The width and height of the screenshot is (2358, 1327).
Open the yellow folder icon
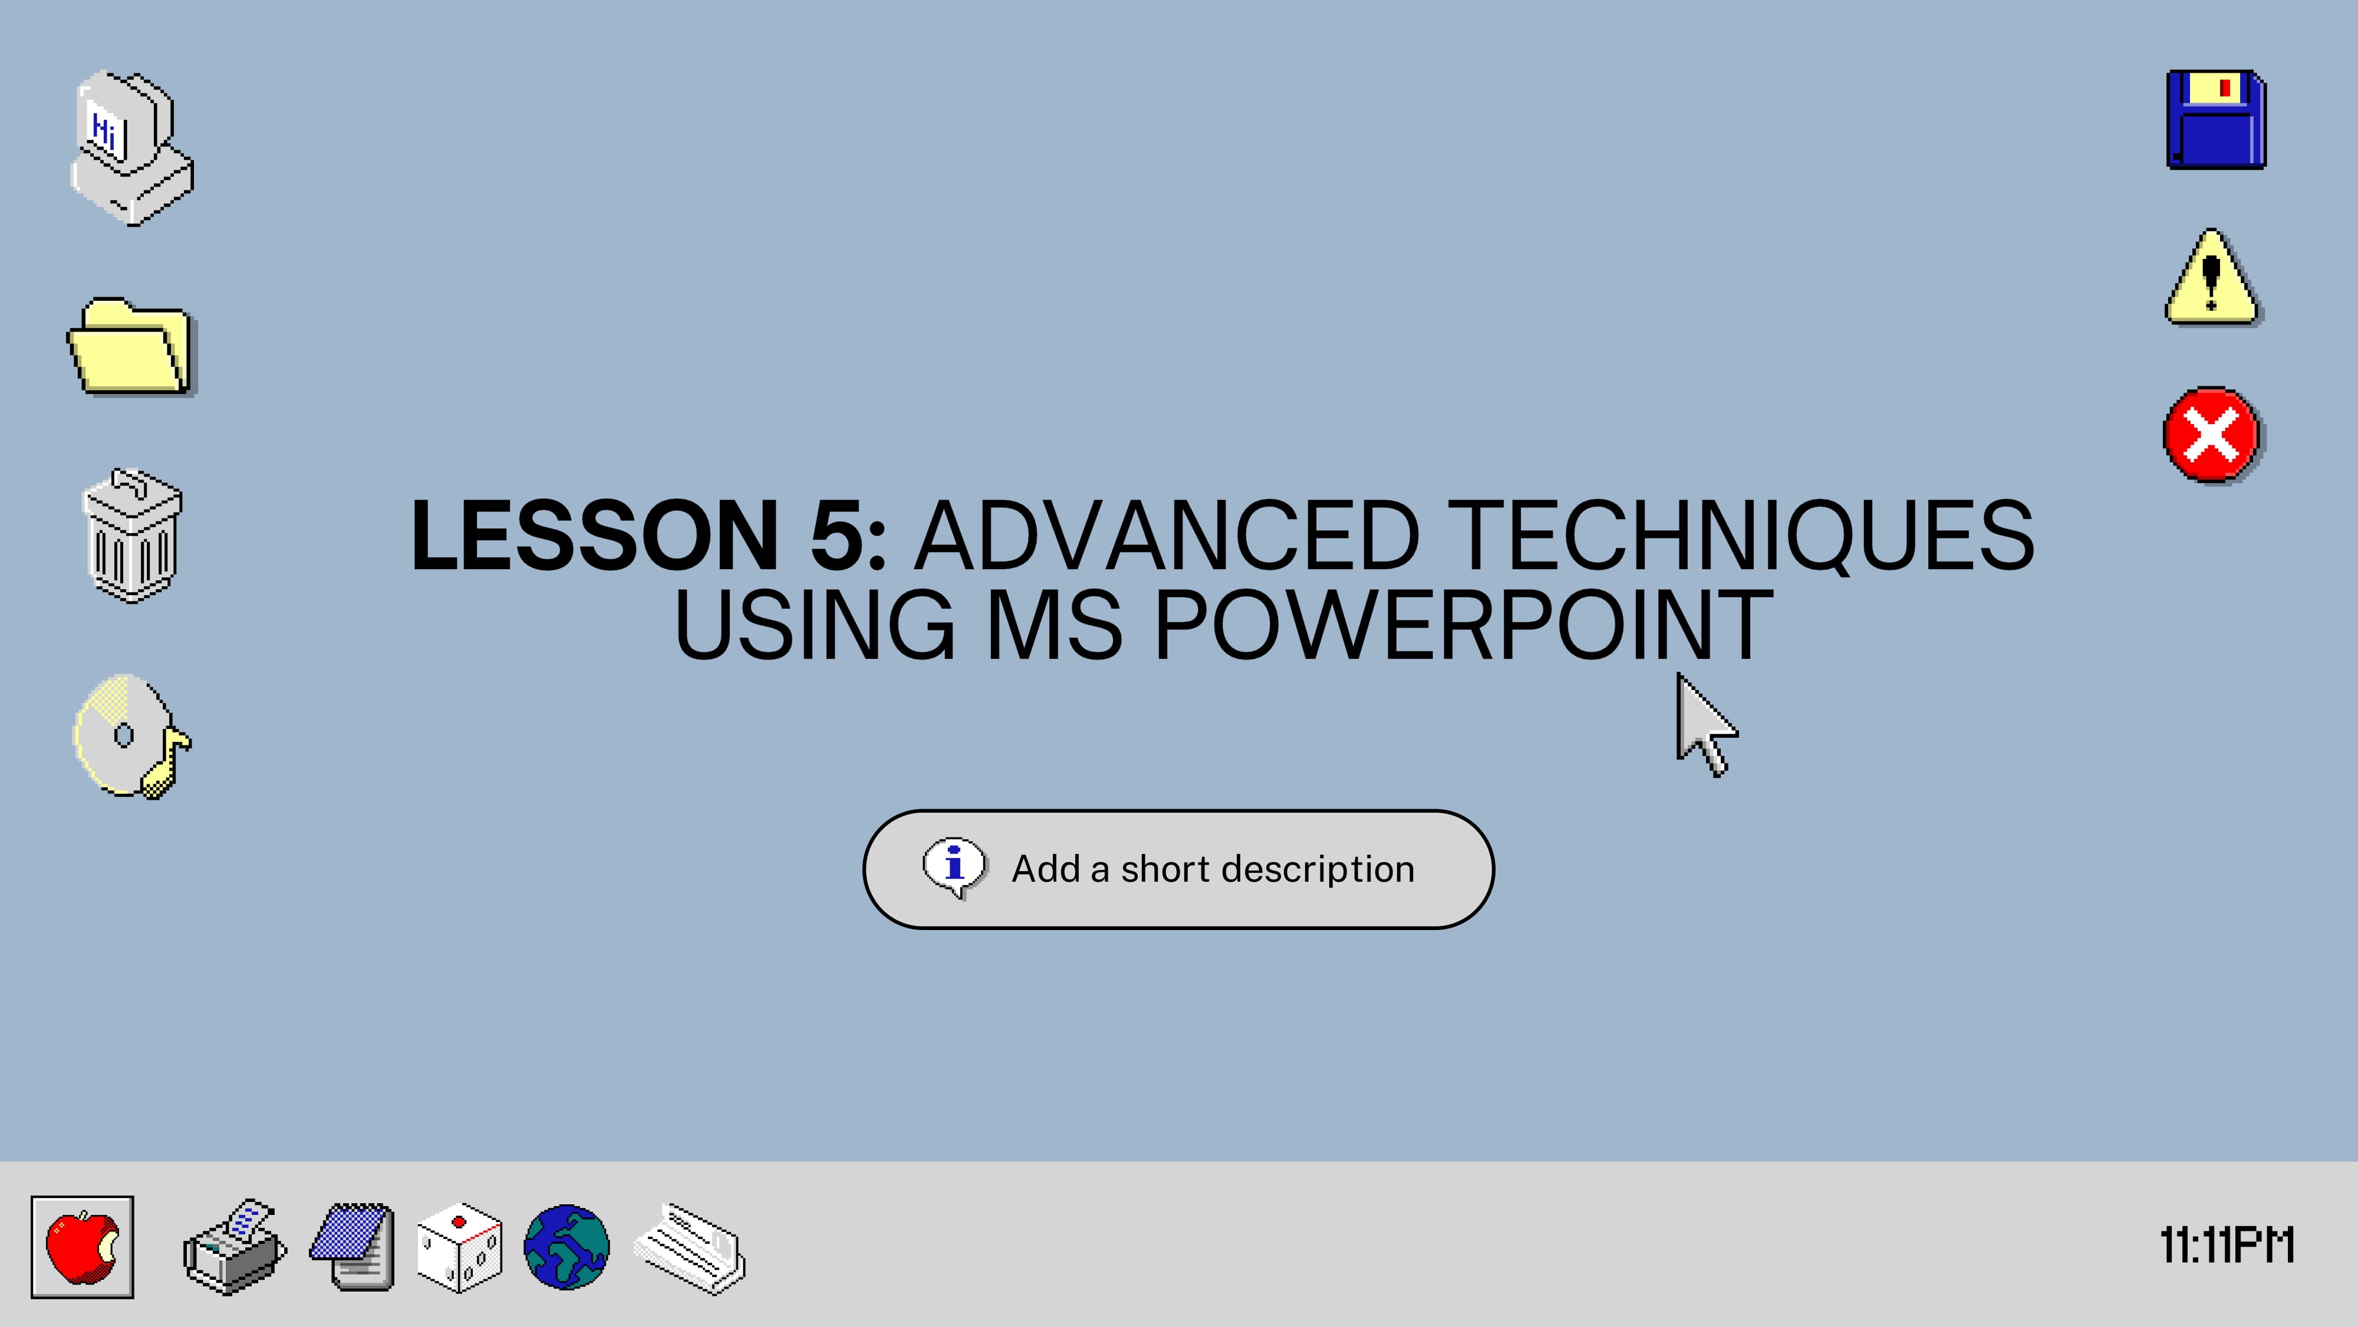(132, 347)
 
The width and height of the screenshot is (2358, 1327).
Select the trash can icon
(132, 536)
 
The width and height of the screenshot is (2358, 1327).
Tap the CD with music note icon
(131, 736)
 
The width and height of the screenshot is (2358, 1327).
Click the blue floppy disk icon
(2216, 119)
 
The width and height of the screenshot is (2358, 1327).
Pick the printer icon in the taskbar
(235, 1246)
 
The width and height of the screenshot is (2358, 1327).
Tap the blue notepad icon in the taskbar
(353, 1246)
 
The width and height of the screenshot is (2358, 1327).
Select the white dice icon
(460, 1247)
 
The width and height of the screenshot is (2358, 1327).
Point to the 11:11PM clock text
(2227, 1246)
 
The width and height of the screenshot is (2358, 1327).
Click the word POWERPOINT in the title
(1463, 625)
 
